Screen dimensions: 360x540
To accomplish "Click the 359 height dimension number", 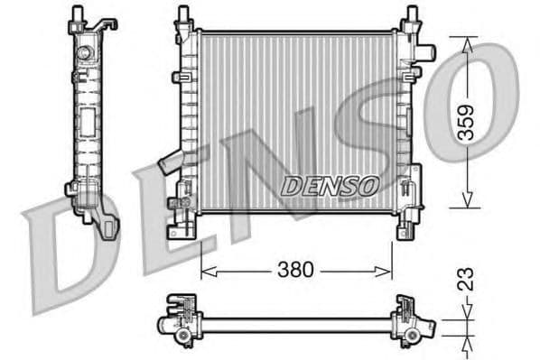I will (465, 121).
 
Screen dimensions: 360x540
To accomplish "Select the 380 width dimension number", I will (296, 270).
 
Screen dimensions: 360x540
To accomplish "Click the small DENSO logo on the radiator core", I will (328, 185).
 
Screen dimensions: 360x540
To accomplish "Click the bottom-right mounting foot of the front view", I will (407, 229).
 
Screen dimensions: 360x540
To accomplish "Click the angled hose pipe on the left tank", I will (170, 164).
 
